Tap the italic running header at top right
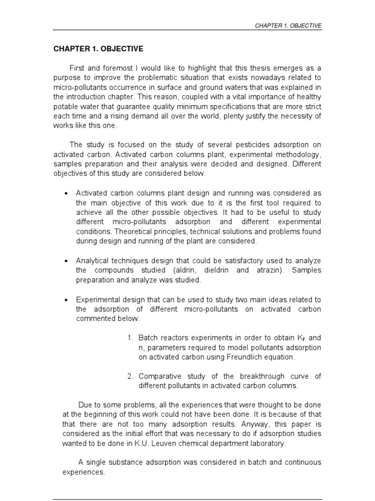tap(289, 25)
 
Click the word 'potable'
tap(65, 106)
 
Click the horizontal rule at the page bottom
tap(187, 499)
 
